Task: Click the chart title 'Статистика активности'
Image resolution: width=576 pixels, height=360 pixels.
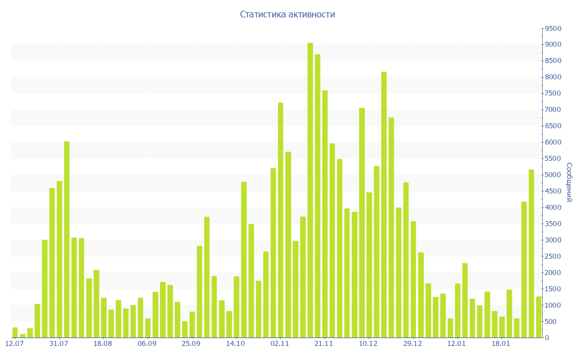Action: click(287, 14)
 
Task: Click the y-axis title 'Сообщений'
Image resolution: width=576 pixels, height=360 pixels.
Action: click(569, 182)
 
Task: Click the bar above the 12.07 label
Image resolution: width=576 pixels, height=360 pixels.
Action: click(15, 332)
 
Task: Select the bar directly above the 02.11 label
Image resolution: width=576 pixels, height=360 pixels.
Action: click(281, 220)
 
